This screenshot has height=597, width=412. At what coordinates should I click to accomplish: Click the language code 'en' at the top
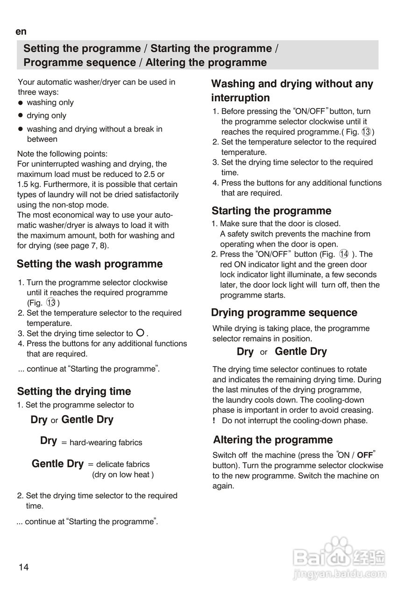pos(21,32)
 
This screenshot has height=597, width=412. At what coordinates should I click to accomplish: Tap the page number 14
pos(23,567)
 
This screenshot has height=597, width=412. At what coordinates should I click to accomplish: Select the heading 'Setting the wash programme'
pos(90,264)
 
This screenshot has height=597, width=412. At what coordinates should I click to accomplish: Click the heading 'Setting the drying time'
pos(74,391)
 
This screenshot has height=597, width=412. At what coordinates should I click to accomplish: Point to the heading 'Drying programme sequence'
pos(284,312)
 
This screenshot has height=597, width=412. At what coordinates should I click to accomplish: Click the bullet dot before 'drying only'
pos(21,115)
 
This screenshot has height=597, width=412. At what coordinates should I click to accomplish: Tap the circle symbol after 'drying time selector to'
pos(140,333)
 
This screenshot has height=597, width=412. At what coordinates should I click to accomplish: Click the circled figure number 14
pos(344,254)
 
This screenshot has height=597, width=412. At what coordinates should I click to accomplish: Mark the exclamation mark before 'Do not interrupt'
pos(213,421)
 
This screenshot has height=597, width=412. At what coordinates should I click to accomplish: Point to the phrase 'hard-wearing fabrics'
pos(106,443)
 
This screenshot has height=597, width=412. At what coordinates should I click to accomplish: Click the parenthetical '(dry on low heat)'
pos(123,475)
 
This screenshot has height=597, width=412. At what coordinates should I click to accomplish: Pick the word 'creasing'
pos(357,410)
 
